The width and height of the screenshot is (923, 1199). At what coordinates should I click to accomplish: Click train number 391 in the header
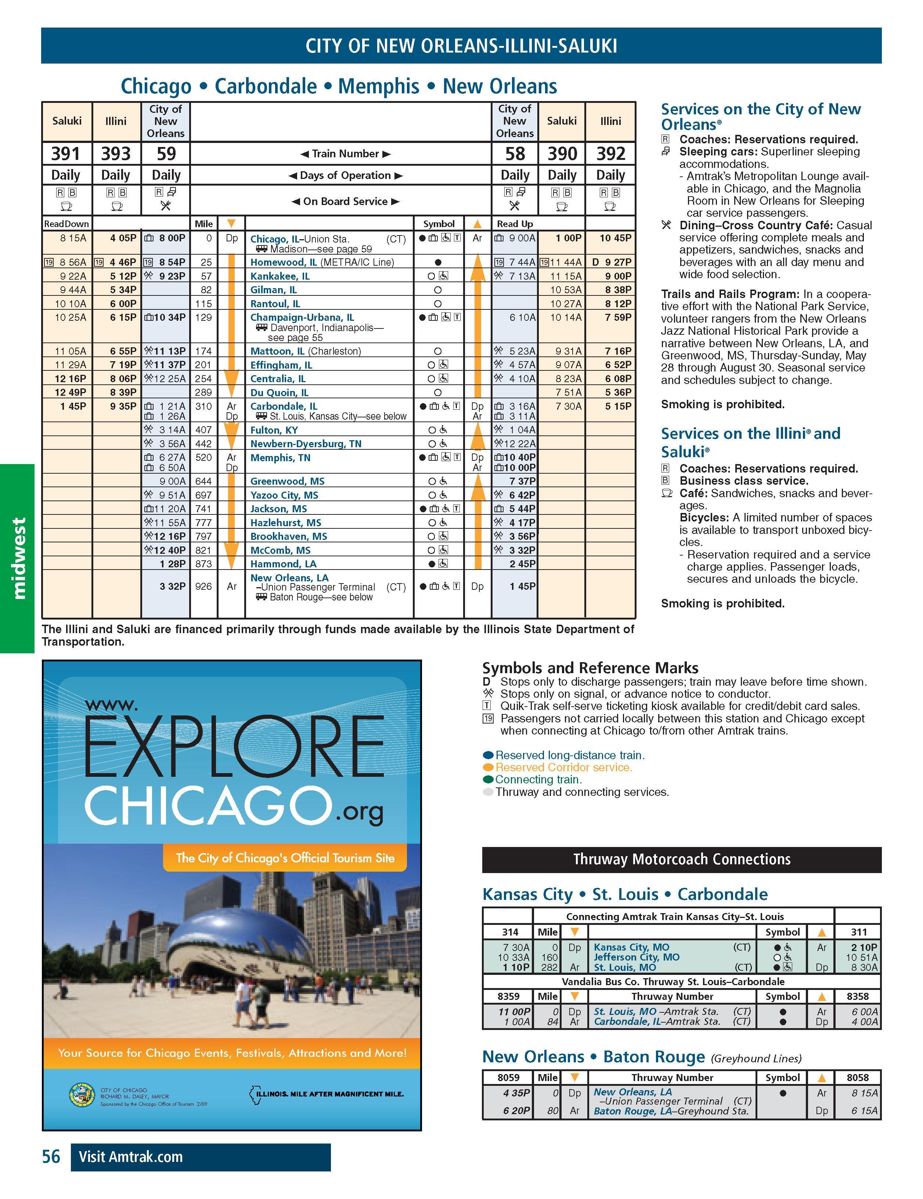(x=66, y=154)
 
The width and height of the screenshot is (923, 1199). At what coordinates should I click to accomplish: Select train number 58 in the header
(x=515, y=154)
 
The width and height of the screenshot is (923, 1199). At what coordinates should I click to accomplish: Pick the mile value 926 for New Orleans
(x=203, y=586)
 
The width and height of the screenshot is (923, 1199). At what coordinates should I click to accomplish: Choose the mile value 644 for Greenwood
(x=203, y=481)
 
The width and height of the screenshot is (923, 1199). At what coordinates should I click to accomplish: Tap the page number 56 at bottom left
(x=51, y=1157)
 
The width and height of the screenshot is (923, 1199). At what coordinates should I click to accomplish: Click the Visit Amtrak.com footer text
(x=131, y=1157)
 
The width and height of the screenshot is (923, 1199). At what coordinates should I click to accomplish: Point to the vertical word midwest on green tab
(x=19, y=558)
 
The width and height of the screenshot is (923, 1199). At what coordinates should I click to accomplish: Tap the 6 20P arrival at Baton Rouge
(x=516, y=1111)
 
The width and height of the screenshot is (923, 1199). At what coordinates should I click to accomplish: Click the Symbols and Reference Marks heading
(x=590, y=668)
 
